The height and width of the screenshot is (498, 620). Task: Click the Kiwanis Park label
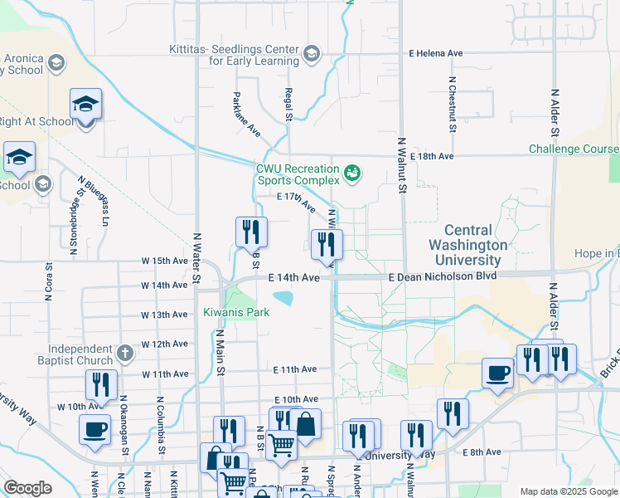[236, 312]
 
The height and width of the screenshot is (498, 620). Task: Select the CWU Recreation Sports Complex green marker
[353, 173]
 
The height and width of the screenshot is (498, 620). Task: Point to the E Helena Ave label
[436, 53]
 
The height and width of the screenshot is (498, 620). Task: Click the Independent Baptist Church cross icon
[124, 354]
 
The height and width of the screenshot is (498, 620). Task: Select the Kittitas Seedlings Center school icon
[311, 55]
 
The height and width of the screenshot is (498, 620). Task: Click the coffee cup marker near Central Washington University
[498, 373]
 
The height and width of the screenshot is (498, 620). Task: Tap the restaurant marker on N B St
[251, 233]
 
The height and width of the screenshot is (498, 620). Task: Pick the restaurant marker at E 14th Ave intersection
[327, 246]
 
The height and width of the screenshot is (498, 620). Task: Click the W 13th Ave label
[163, 315]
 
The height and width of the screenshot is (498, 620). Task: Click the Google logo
[28, 488]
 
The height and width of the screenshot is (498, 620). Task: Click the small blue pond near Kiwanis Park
[283, 297]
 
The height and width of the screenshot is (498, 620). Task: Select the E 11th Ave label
[295, 369]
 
